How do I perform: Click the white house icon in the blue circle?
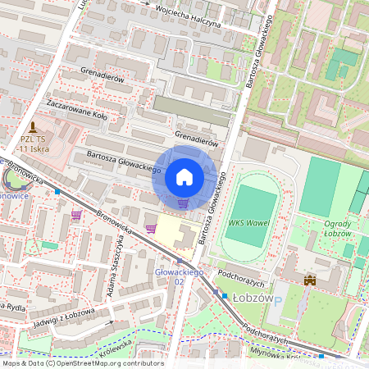184,177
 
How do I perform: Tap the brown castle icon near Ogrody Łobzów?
310,280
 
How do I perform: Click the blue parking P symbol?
277,302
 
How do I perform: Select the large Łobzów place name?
251,298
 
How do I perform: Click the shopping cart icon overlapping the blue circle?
183,203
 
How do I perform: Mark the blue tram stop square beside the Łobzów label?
224,295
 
